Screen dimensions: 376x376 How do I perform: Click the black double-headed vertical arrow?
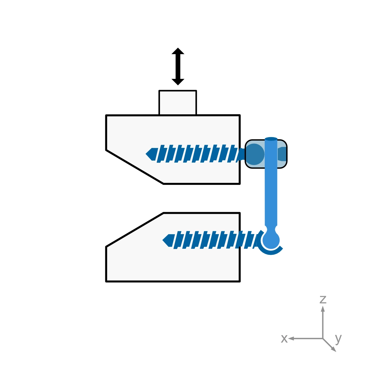(x=178, y=66)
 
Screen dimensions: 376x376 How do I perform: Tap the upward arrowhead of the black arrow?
(x=178, y=51)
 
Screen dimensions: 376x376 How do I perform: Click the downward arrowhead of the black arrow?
(x=178, y=82)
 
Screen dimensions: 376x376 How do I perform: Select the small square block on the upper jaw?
(x=178, y=102)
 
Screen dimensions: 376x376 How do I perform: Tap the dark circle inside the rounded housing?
(x=254, y=154)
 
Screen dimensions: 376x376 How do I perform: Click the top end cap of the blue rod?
(x=271, y=139)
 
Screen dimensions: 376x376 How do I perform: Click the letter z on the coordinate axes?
(x=323, y=299)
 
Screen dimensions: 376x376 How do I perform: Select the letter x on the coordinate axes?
(x=284, y=339)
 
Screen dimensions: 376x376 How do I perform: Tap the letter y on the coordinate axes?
(x=338, y=338)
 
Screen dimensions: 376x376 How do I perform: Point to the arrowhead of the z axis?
(x=323, y=308)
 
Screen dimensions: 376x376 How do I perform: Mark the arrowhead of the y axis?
(x=334, y=349)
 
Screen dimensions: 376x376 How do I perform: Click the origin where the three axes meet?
(x=323, y=338)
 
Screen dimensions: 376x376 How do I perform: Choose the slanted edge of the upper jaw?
(x=135, y=167)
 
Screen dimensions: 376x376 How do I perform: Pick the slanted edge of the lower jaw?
(x=135, y=230)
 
